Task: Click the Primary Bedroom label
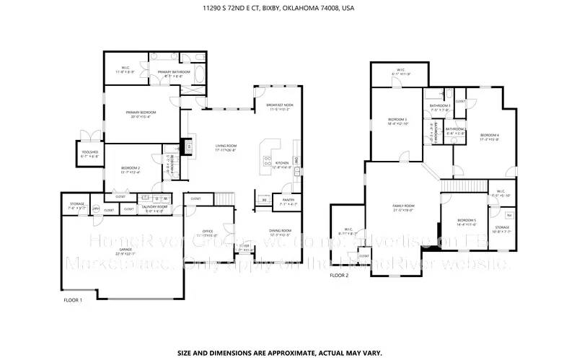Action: tap(141, 112)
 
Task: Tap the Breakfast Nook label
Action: tap(278, 105)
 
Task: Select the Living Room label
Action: tap(226, 146)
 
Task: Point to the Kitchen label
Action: tap(282, 162)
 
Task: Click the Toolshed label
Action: tap(89, 152)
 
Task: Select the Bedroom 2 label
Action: tap(130, 167)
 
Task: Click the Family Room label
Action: tap(402, 206)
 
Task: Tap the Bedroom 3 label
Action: tap(397, 119)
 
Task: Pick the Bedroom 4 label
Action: tap(490, 135)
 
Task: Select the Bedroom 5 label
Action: tap(467, 220)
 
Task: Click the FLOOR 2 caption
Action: tap(339, 276)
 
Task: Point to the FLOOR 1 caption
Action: tap(73, 299)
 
